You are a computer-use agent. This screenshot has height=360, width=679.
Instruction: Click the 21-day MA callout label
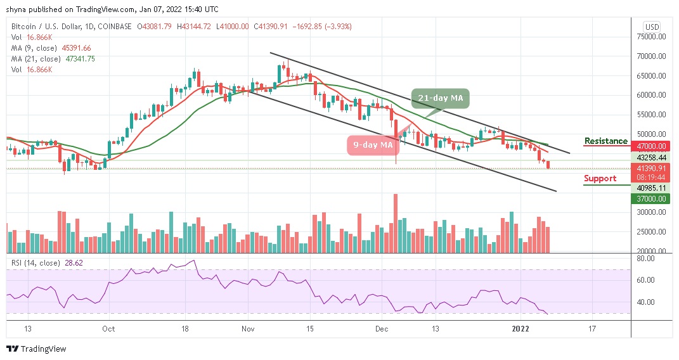pos(440,99)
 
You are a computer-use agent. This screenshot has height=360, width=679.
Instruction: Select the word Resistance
pos(605,141)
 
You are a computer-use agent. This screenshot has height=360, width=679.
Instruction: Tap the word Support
pos(600,178)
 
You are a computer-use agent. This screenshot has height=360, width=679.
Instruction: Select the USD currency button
pos(651,27)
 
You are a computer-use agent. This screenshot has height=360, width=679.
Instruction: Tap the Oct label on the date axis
pos(108,330)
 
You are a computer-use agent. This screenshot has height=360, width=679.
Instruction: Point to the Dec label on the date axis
pos(382,330)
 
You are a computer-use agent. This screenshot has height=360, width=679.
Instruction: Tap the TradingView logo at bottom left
pos(36,349)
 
